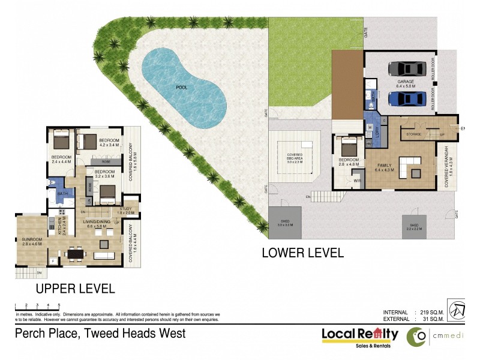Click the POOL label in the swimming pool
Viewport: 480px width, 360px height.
(181, 88)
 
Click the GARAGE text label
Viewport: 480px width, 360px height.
(406, 81)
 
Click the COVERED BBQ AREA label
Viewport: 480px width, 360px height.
(294, 158)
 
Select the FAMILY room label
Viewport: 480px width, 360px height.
(385, 164)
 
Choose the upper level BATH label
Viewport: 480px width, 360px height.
(62, 194)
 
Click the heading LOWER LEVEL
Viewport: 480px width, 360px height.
(302, 253)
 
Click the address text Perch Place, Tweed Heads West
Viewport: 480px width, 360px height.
(100, 333)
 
